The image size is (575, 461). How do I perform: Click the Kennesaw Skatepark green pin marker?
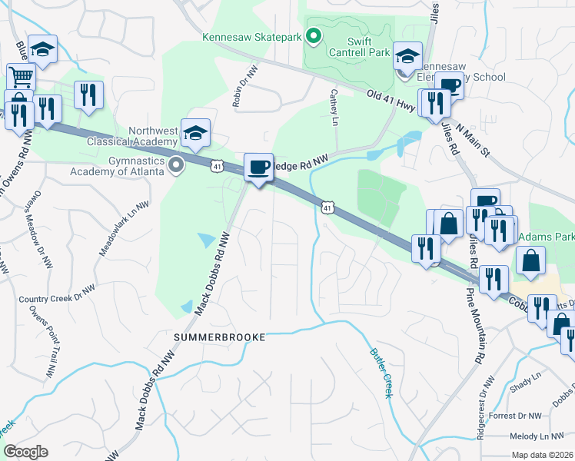(313, 36)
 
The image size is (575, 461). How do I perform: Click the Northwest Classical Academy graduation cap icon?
(195, 132)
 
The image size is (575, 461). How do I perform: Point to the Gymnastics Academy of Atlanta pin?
(176, 164)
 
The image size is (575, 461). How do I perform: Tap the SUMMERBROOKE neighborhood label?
(220, 337)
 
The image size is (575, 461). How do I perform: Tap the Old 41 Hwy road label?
(392, 98)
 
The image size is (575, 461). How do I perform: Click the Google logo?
(25, 452)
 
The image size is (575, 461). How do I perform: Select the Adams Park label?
(547, 237)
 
